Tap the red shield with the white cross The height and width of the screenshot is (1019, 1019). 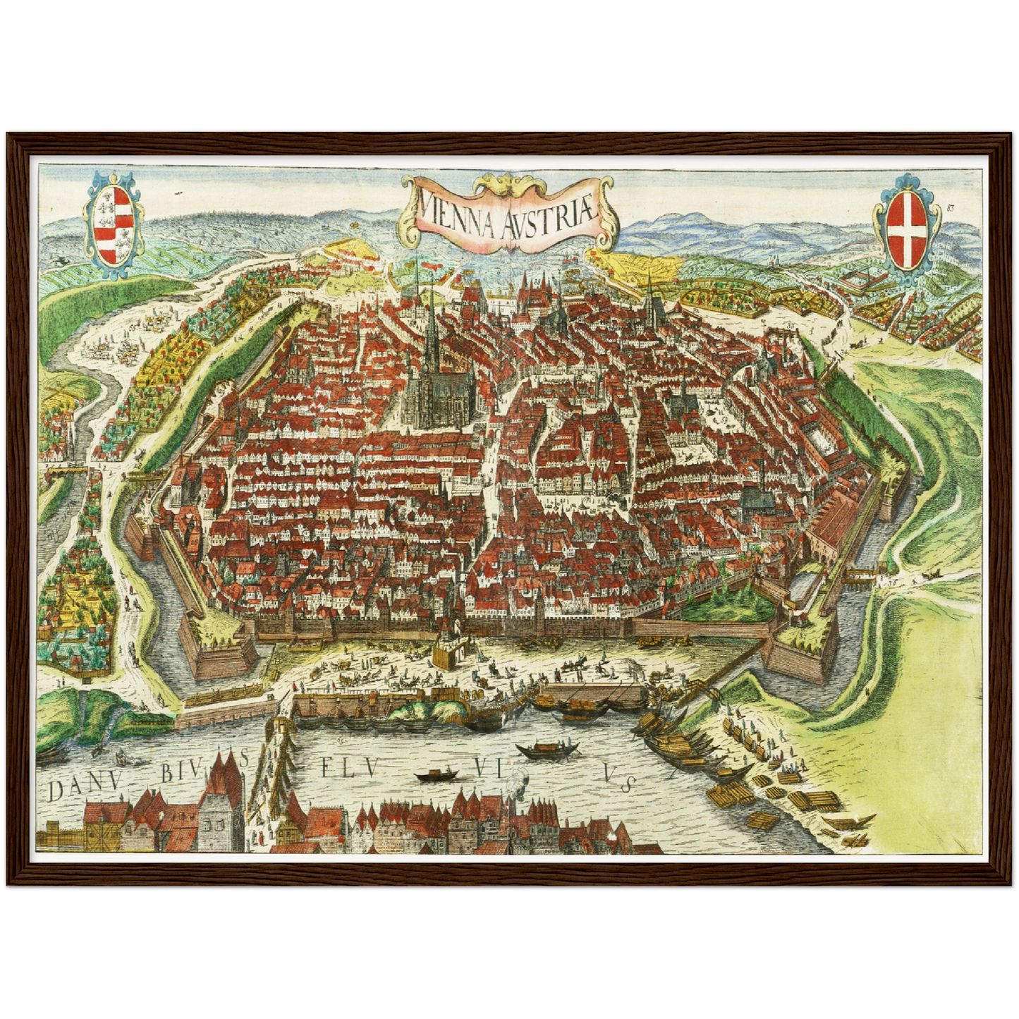pyautogui.click(x=906, y=231)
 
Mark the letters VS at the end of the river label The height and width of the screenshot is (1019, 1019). pyautogui.click(x=621, y=778)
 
